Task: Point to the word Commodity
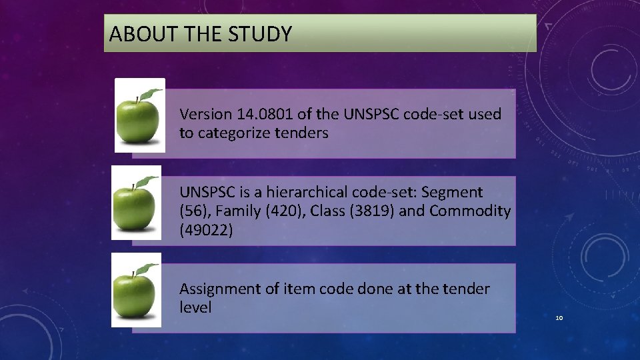(x=470, y=211)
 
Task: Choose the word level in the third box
(x=195, y=307)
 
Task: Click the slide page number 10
(x=559, y=318)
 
